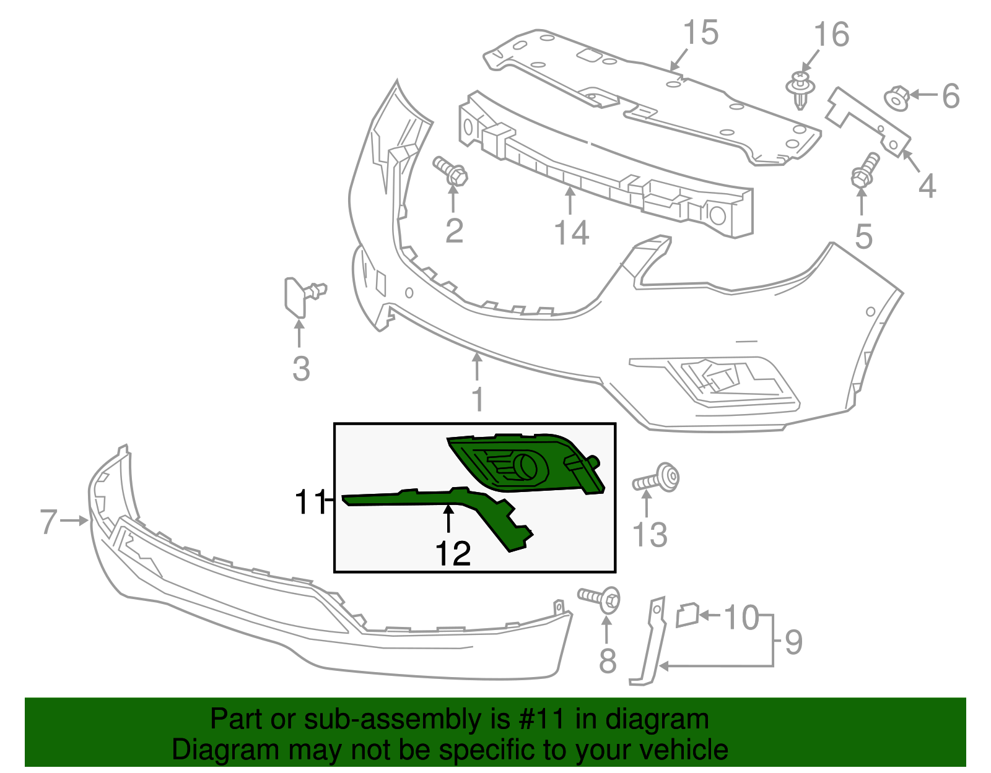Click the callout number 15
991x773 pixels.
click(x=701, y=33)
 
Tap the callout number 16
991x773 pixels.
click(x=831, y=35)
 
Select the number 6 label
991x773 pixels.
click(x=950, y=96)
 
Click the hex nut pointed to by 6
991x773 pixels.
click(x=897, y=98)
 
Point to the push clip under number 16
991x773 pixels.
click(x=801, y=90)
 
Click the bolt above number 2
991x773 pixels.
click(x=450, y=171)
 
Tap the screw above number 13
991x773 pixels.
click(x=656, y=479)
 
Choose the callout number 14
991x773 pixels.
click(x=572, y=232)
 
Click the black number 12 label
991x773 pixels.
click(x=453, y=553)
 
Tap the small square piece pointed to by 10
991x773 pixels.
click(x=688, y=615)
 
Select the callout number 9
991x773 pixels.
click(x=793, y=643)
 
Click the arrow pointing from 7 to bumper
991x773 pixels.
click(x=74, y=520)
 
